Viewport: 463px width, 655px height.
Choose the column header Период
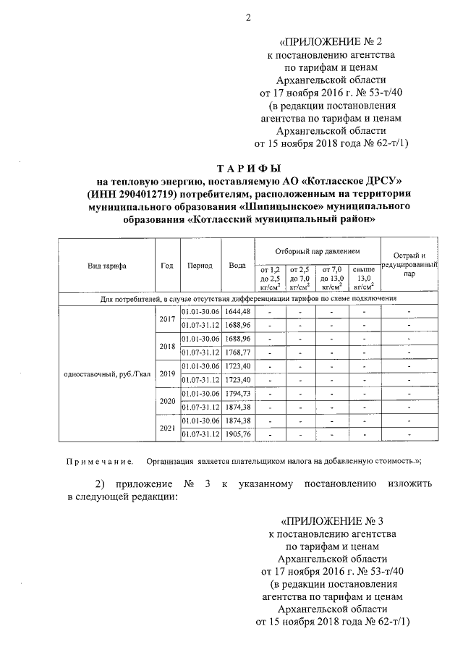tap(199, 266)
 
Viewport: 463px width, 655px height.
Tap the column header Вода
tap(237, 266)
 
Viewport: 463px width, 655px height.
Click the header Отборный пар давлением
tap(317, 250)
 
